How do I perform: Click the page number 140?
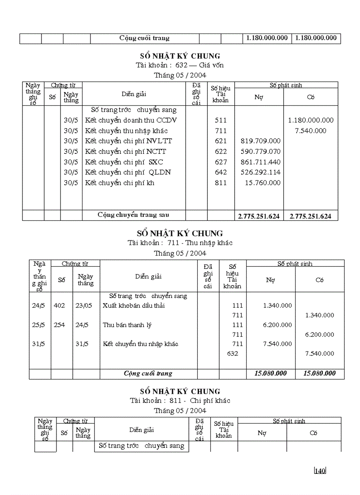coord(320,471)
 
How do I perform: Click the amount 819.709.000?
coord(260,141)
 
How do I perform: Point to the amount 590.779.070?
coord(260,152)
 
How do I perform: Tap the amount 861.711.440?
coord(260,162)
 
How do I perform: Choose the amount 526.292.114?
coord(260,172)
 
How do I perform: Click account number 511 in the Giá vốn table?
coord(221,120)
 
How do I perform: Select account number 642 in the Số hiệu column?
coord(221,172)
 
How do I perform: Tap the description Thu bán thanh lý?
coord(127,325)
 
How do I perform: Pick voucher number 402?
coord(59,305)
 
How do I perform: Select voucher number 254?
coord(59,325)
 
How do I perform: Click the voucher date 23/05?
coord(84,305)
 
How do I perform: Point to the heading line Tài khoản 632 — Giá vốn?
coord(180,65)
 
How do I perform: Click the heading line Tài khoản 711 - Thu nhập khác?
coord(180,243)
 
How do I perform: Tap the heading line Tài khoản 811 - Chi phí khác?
coord(180,401)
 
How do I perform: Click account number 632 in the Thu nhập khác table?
coord(232,354)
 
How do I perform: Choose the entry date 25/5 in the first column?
coord(38,325)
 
